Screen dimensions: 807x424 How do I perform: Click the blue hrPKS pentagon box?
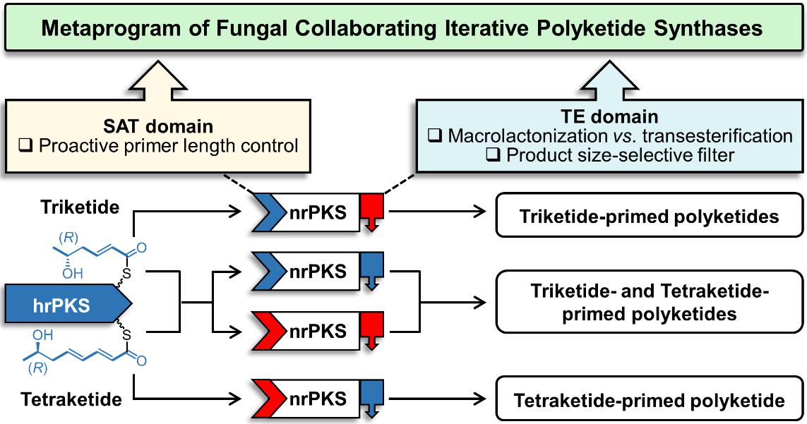click(68, 305)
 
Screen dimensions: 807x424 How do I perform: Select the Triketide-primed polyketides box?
click(649, 216)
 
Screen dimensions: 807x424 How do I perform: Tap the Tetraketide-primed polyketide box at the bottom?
click(649, 399)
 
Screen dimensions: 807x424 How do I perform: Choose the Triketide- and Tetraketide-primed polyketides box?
click(649, 302)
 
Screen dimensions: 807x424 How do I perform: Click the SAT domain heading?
click(158, 126)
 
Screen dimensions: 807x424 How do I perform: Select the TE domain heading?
click(609, 116)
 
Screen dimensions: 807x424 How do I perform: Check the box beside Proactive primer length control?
click(25, 147)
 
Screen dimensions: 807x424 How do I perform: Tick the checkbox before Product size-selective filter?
click(493, 155)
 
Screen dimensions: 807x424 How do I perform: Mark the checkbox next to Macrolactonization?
click(435, 136)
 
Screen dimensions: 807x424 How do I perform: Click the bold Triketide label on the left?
click(80, 207)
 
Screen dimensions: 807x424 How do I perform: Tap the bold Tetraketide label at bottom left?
click(71, 399)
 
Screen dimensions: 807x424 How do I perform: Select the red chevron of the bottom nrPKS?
click(269, 398)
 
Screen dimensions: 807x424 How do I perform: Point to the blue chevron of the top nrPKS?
click(269, 212)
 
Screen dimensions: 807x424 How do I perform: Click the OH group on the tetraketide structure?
click(43, 335)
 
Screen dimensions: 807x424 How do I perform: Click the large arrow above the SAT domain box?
click(157, 80)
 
